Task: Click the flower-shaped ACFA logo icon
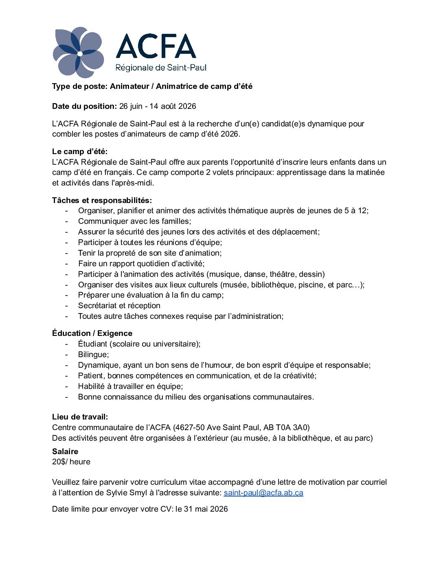tap(78, 53)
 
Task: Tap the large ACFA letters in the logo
tap(156, 46)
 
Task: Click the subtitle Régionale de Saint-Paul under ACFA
tap(161, 67)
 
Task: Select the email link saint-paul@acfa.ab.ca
tap(263, 492)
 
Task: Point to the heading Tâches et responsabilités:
tap(102, 200)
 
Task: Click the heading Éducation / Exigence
tap(92, 333)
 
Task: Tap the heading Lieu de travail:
tap(80, 417)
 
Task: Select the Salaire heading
tap(65, 451)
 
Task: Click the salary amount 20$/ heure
tap(71, 461)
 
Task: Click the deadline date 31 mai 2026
tap(206, 509)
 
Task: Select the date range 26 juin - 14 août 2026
tap(158, 106)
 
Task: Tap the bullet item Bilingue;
tap(93, 354)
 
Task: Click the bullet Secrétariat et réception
tap(119, 305)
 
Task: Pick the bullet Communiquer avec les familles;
tap(134, 221)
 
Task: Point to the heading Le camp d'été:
tap(80, 151)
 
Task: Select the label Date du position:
tap(84, 106)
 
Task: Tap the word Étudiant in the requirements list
tap(92, 344)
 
